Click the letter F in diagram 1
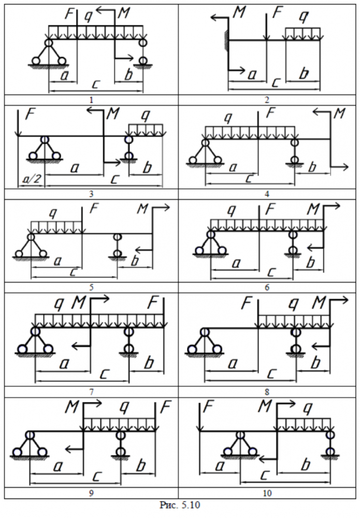tap(69, 14)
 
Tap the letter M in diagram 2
tap(239, 12)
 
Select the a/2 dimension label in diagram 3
tap(32, 179)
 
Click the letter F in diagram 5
tap(94, 209)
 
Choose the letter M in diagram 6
tap(313, 209)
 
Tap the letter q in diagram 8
tap(293, 304)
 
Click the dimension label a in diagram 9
tap(58, 466)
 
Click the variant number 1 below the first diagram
tap(92, 100)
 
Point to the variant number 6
tap(267, 287)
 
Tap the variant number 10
tap(267, 493)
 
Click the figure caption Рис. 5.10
tap(180, 505)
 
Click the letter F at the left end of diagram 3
tap(30, 114)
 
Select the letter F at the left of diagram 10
tap(208, 407)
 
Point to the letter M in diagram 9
tap(72, 407)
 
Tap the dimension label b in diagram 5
tap(135, 261)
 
